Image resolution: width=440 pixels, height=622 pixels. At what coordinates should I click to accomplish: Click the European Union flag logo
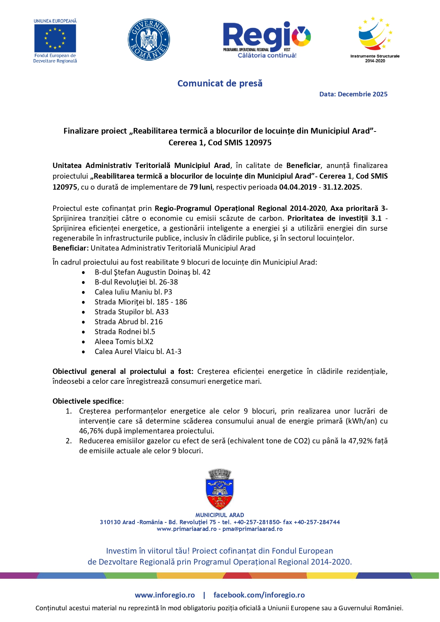tap(55, 38)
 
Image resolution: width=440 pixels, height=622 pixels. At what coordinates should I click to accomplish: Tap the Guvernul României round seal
tap(149, 40)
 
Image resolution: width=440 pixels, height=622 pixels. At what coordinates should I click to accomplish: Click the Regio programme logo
tap(267, 39)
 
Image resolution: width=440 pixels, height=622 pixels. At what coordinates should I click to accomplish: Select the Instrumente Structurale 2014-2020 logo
tap(375, 37)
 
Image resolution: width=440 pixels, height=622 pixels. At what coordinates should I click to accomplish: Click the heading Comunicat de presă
tap(220, 84)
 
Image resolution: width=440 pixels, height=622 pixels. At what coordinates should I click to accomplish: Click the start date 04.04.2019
tap(298, 187)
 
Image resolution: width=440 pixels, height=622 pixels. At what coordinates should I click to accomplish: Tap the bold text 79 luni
tap(200, 187)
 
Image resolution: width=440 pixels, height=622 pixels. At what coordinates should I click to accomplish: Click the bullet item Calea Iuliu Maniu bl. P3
tap(133, 292)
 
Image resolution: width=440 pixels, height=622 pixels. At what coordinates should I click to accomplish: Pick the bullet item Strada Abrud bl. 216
tap(128, 322)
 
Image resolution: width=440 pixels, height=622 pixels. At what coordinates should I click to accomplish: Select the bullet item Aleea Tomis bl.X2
tap(124, 342)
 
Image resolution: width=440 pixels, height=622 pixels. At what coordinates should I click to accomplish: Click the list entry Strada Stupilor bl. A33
tap(131, 312)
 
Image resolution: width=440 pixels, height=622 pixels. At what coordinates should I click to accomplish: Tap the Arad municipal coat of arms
tap(220, 489)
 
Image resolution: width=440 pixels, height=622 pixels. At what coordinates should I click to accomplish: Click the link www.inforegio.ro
tap(165, 595)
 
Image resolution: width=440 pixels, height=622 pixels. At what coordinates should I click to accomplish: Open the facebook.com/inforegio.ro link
tap(259, 595)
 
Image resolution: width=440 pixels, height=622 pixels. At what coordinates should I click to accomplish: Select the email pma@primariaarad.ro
tap(252, 529)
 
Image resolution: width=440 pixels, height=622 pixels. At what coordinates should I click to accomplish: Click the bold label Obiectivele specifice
tap(87, 401)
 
